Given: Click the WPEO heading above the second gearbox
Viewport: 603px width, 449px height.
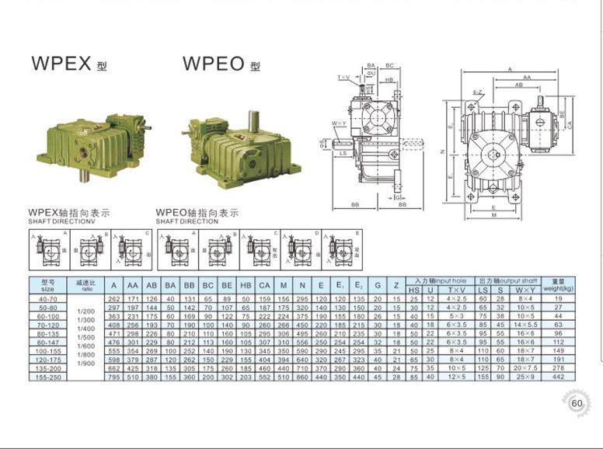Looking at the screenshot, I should click(214, 64).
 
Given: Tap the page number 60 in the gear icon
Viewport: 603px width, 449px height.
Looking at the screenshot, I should click(576, 403).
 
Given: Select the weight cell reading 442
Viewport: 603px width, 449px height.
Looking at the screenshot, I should click(556, 378).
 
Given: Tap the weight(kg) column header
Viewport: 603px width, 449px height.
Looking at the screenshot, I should click(556, 284).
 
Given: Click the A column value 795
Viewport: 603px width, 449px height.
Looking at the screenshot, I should click(114, 378).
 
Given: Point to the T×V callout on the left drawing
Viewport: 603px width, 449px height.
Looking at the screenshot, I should click(343, 78).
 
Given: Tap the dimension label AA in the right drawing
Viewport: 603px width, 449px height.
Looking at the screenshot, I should click(527, 78).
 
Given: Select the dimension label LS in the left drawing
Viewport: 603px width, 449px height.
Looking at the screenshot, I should click(342, 154).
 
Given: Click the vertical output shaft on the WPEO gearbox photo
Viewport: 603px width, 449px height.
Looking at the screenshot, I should click(253, 120).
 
